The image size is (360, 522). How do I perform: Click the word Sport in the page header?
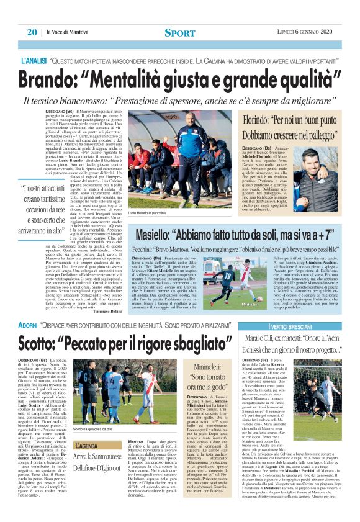(179, 32)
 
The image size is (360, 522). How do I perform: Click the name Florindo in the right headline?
(244, 117)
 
